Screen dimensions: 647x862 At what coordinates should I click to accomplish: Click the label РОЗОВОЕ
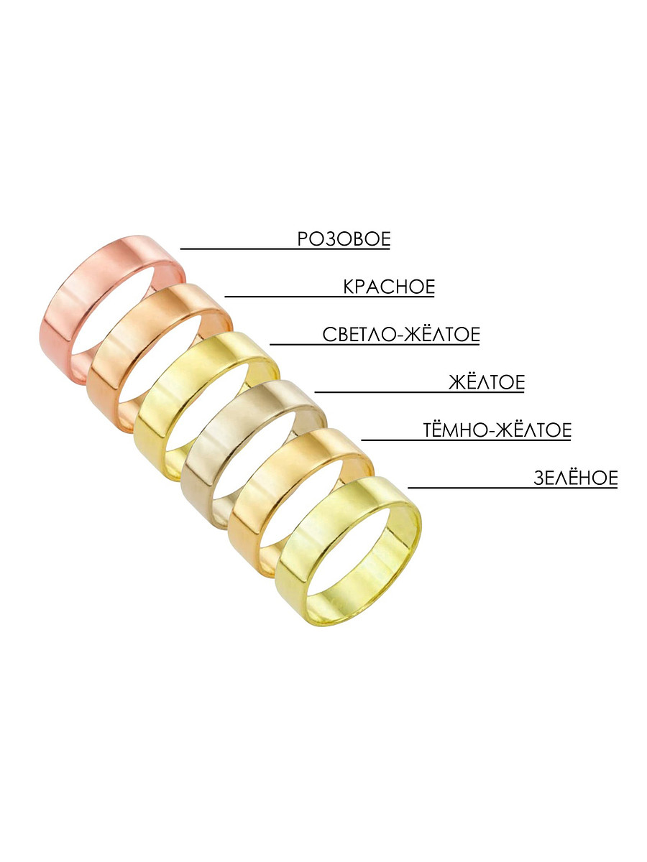(344, 238)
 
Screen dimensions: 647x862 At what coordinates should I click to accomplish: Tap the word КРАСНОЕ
(389, 287)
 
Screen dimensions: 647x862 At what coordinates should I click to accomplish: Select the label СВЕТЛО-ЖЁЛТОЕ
(401, 334)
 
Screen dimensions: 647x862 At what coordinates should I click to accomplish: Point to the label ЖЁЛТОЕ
(487, 382)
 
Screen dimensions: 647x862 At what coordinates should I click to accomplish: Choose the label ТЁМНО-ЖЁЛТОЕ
(497, 430)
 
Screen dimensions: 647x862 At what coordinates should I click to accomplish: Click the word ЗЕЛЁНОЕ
(576, 478)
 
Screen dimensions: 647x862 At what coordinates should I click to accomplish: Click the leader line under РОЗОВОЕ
(285, 249)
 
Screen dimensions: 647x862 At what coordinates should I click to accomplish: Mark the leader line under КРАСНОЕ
(329, 297)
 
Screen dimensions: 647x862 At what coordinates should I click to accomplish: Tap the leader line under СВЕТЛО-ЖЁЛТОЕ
(375, 344)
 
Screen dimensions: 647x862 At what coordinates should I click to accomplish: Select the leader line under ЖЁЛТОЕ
(420, 391)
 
